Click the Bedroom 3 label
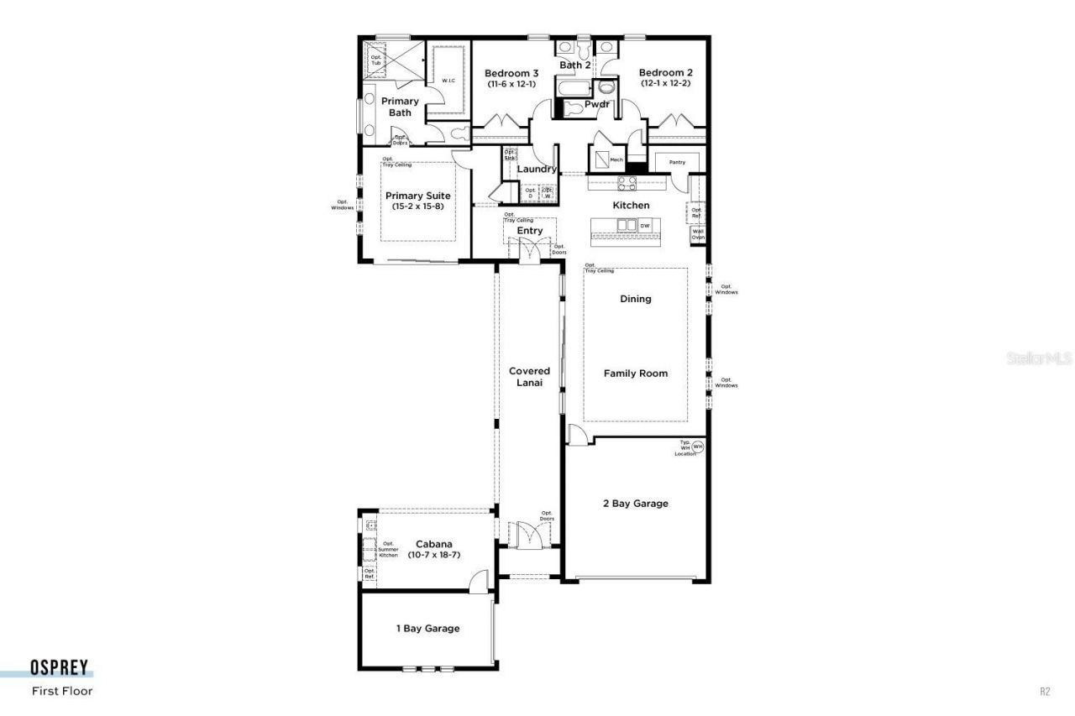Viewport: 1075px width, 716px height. coord(511,73)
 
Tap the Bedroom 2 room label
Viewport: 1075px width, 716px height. coord(665,73)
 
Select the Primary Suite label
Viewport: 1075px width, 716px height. coord(417,196)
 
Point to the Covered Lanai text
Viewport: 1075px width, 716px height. coord(529,376)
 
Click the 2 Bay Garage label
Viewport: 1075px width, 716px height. coord(636,504)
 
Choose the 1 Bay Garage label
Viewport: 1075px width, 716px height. coord(427,628)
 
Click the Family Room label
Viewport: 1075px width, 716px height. coord(636,374)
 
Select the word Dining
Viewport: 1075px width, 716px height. coord(636,299)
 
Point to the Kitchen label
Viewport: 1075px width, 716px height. coord(631,206)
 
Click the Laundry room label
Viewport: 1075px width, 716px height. coord(537,169)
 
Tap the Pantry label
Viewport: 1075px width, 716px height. coord(677,162)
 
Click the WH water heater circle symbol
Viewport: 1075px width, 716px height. coord(697,447)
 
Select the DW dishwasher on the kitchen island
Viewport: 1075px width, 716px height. coord(645,226)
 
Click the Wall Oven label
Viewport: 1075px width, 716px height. coord(698,233)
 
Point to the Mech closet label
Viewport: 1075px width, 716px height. coord(616,159)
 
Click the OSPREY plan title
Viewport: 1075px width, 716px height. coord(61,668)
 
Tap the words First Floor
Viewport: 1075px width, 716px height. coord(62,692)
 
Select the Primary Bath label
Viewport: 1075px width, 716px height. coord(400,107)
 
